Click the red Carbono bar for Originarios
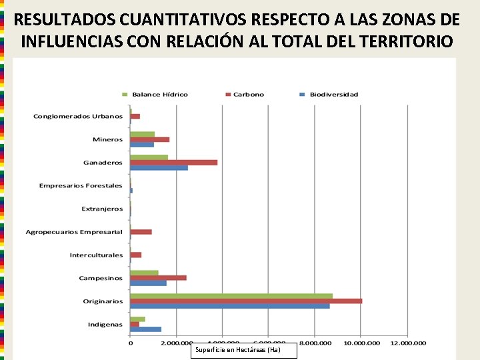(x=246, y=301)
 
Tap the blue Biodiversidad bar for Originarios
(x=230, y=306)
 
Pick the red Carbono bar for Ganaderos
(x=173, y=162)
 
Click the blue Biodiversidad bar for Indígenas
(x=145, y=329)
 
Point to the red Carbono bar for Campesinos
(x=158, y=277)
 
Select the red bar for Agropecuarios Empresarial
(x=141, y=231)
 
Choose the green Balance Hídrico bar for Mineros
(x=142, y=134)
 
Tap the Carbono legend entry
(x=245, y=94)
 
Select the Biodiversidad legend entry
(x=329, y=94)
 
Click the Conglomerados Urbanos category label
(x=78, y=117)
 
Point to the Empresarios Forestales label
(x=81, y=185)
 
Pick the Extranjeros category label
(x=102, y=209)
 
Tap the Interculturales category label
(x=96, y=255)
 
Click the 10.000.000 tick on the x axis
(x=360, y=343)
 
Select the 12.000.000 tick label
(x=407, y=343)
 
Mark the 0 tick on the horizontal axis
(x=131, y=343)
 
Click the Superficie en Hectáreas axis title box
(x=244, y=350)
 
